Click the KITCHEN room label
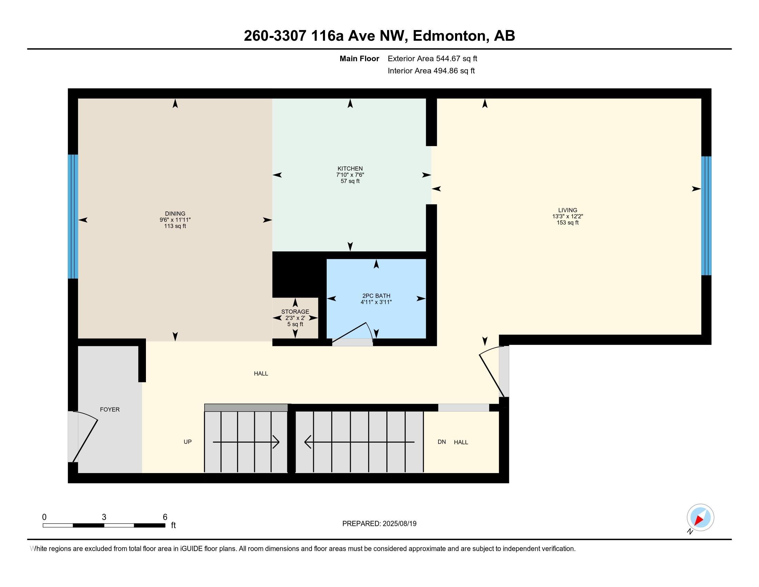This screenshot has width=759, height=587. [350, 169]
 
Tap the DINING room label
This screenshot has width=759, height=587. [175, 213]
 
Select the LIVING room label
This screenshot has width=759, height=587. [568, 210]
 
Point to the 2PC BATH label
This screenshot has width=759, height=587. [376, 296]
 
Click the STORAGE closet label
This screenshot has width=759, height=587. [295, 311]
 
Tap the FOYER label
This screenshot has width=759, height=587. [110, 409]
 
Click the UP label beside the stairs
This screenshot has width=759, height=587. [188, 442]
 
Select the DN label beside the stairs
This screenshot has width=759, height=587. [442, 442]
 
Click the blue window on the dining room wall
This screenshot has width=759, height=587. [73, 216]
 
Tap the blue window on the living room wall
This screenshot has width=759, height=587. [706, 215]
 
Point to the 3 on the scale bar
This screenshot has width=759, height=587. [104, 517]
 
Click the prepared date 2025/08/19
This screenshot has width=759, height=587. [399, 524]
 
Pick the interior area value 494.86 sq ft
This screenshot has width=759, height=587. [454, 70]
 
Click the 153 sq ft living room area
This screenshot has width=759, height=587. [568, 223]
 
